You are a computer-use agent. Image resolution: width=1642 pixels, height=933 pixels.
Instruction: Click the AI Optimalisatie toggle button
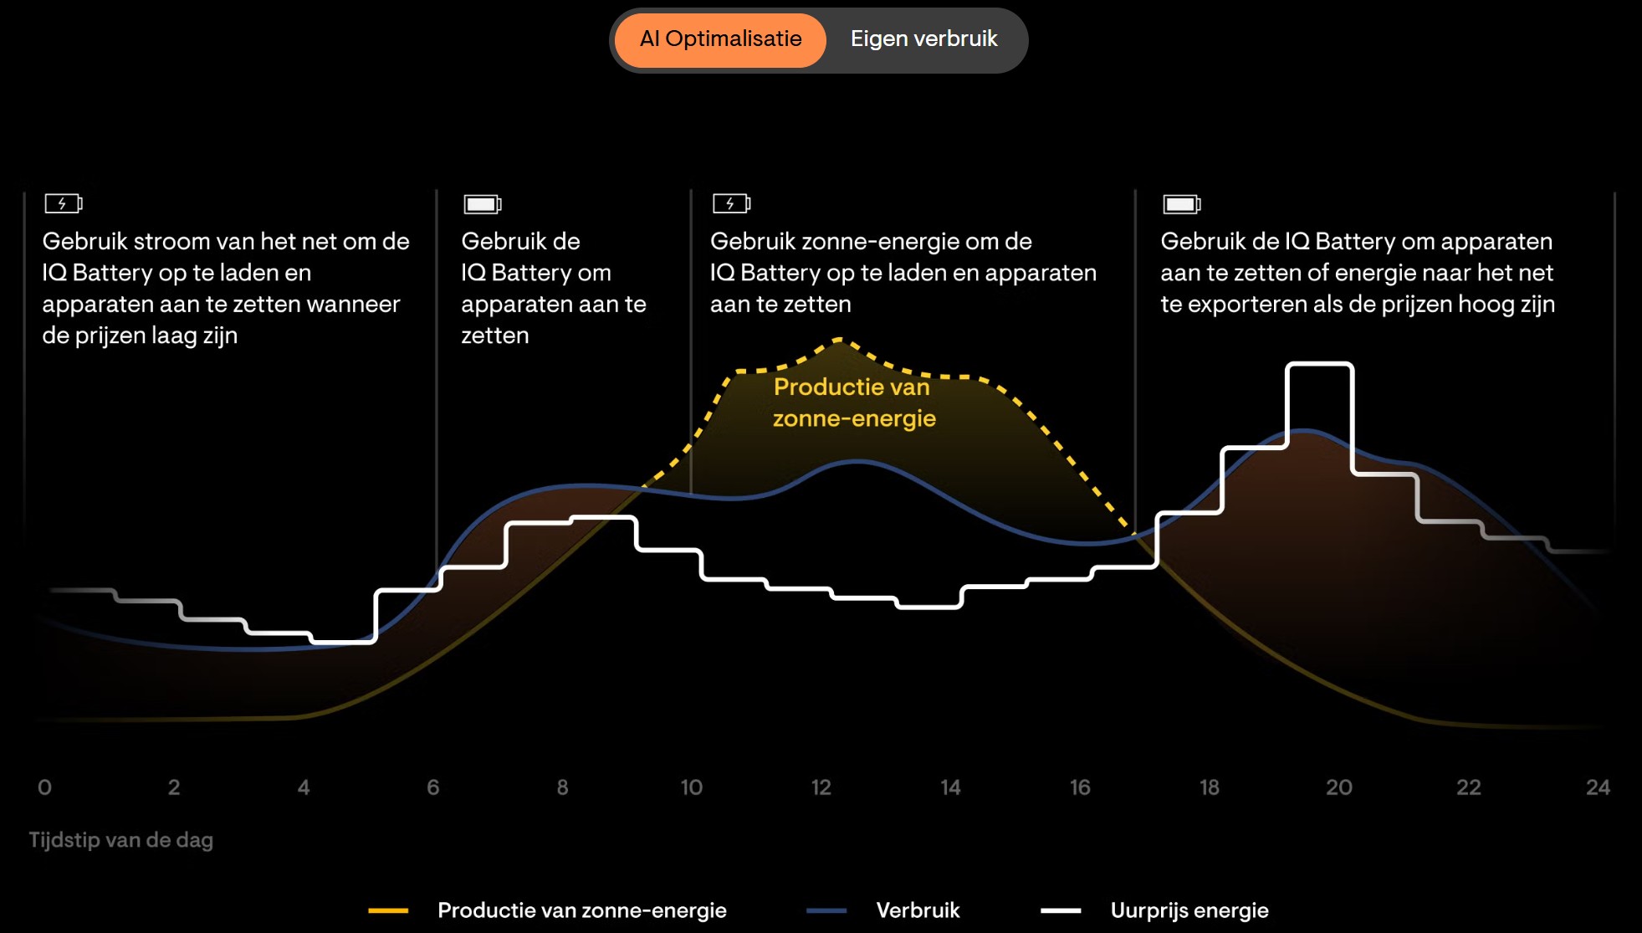click(x=720, y=39)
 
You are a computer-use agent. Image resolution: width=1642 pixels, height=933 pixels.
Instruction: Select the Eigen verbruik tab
click(x=923, y=39)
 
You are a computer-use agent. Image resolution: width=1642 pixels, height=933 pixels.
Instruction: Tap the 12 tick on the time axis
click(x=821, y=787)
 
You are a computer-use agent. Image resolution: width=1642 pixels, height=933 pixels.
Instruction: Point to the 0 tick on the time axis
click(x=45, y=787)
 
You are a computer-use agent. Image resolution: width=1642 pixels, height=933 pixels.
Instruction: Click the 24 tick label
click(x=1598, y=787)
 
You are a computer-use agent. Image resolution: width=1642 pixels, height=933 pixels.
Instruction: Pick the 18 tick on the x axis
click(x=1209, y=787)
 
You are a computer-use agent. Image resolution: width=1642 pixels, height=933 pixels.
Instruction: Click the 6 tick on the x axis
click(x=432, y=787)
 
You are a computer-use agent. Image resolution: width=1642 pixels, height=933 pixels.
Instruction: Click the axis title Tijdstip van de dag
click(x=121, y=840)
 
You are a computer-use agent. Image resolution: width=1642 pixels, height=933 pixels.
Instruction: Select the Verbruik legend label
click(x=918, y=910)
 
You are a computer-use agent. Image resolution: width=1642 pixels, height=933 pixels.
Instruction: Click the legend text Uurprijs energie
click(x=1189, y=910)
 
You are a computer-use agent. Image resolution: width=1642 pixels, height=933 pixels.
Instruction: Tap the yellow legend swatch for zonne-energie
click(x=388, y=910)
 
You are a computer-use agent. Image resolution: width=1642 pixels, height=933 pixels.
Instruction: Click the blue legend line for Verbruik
click(x=826, y=910)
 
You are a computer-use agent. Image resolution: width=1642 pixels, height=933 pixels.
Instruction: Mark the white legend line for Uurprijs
click(x=1061, y=910)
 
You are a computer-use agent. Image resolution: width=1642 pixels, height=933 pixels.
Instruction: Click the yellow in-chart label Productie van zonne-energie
click(x=853, y=402)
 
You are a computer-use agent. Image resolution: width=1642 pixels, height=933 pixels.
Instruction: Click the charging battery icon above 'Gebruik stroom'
click(x=64, y=203)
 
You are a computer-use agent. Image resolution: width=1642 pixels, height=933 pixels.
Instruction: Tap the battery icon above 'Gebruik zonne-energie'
click(x=731, y=203)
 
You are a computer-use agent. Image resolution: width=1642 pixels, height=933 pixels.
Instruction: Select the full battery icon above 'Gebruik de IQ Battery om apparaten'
click(x=1181, y=204)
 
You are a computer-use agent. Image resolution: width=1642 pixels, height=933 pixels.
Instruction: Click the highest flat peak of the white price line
click(x=1319, y=365)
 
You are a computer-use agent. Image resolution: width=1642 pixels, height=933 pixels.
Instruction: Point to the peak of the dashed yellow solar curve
click(x=840, y=340)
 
